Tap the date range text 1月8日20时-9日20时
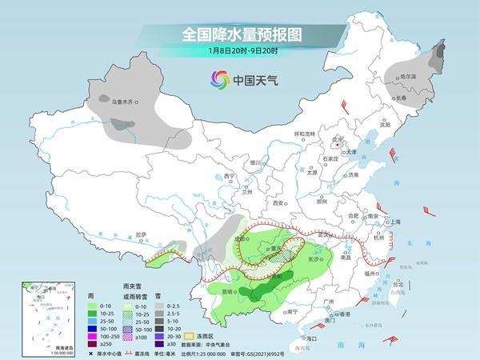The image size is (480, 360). [239, 52]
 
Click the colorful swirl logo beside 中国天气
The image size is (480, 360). [219, 79]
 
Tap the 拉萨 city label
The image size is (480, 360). [142, 234]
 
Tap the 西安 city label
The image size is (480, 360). [279, 203]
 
